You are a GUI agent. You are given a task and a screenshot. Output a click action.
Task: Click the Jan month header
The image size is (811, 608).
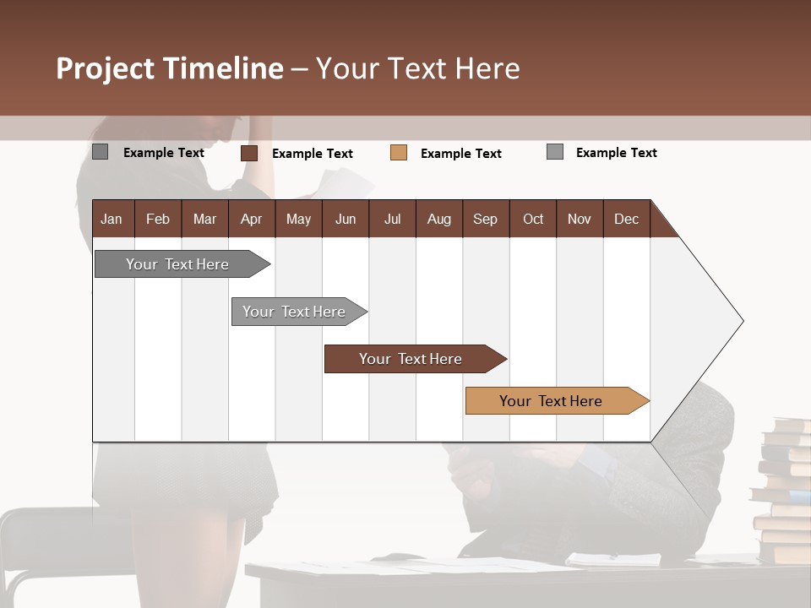(112, 219)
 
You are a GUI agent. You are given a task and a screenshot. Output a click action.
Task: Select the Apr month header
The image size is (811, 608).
(251, 219)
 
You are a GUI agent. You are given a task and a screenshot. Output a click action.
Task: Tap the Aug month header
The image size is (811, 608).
(438, 219)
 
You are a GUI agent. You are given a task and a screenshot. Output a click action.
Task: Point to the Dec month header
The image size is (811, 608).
(626, 219)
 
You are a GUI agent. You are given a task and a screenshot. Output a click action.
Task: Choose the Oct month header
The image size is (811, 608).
(533, 219)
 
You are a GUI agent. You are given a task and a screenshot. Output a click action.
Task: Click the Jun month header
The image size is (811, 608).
(345, 219)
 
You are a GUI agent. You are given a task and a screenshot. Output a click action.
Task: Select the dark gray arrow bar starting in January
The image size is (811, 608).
(177, 264)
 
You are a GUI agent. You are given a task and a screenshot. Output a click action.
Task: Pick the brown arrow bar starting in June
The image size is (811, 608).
(411, 359)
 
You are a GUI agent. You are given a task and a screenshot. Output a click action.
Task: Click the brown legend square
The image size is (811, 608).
(248, 153)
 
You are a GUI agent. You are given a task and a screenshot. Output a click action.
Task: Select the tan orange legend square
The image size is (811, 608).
(399, 153)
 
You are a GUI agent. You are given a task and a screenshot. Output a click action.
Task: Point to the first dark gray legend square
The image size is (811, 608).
(100, 152)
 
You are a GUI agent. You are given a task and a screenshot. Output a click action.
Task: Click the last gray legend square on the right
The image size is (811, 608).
(554, 152)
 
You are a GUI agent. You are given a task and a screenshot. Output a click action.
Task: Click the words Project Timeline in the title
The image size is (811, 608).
(170, 68)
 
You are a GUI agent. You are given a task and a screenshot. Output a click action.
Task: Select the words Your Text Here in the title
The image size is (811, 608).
(417, 68)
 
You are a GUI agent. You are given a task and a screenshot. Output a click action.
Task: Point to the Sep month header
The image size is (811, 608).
(485, 219)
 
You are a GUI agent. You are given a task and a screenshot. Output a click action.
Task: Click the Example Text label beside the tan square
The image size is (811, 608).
(460, 153)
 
